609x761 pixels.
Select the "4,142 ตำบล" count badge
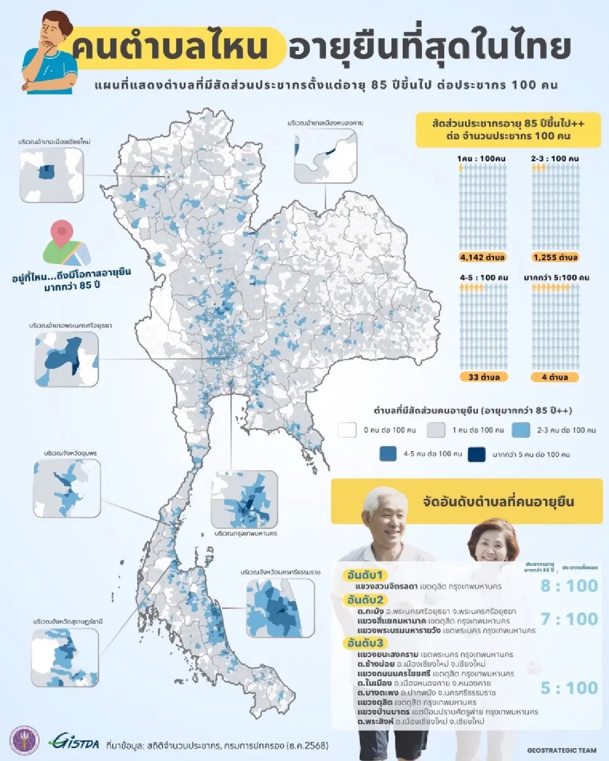482,257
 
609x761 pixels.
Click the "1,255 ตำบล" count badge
555,257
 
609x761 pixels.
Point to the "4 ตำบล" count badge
555,377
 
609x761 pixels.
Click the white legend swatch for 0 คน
347,430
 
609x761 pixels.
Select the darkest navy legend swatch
477,454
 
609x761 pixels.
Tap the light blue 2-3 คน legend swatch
521,430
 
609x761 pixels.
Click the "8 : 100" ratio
569,586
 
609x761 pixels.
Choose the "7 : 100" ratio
569,619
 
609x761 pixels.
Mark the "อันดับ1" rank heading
365,575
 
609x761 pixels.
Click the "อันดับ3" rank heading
365,643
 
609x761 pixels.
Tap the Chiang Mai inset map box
51,175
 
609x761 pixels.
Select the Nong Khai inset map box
325,156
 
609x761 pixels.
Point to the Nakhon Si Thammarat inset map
280,608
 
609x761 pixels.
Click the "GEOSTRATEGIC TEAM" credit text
562,750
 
